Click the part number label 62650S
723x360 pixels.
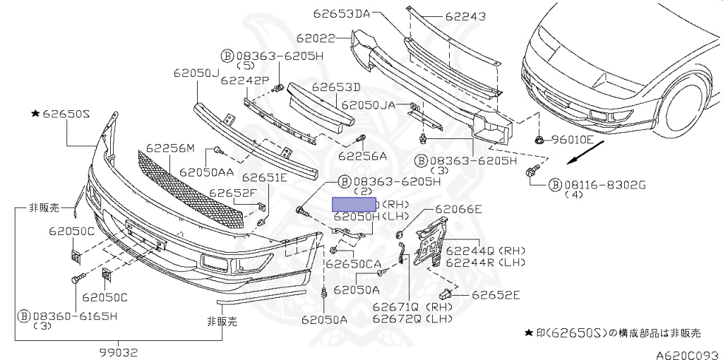click(67, 113)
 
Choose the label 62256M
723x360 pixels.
click(170, 148)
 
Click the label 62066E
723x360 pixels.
click(458, 209)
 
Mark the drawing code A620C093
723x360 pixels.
click(684, 353)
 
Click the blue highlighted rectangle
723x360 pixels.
click(354, 205)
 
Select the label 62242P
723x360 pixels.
click(244, 80)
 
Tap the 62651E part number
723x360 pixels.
click(265, 177)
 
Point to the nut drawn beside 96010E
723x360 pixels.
click(539, 138)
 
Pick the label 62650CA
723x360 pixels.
click(352, 264)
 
